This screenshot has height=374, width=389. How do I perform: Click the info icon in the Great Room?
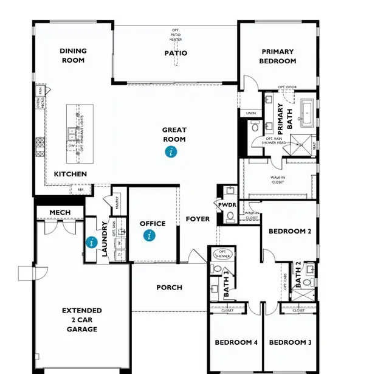point(172,152)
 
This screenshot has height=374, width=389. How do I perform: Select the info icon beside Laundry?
point(92,243)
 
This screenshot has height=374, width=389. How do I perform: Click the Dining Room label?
point(73,56)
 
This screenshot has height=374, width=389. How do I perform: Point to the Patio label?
point(175,54)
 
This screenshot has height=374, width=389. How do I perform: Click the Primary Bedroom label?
point(278,57)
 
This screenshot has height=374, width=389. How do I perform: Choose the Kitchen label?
point(71,175)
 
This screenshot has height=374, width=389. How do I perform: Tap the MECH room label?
point(60,212)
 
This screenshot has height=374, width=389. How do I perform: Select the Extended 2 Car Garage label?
point(81,320)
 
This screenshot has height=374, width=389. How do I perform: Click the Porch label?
point(169,288)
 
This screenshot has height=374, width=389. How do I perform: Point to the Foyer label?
point(198,219)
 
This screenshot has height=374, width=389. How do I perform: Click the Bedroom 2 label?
point(290,231)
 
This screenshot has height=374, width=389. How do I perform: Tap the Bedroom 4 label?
point(236,343)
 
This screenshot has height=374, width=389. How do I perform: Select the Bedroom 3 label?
point(290,343)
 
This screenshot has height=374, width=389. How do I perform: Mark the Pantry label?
point(116,200)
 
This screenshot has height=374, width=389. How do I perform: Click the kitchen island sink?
point(72,133)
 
